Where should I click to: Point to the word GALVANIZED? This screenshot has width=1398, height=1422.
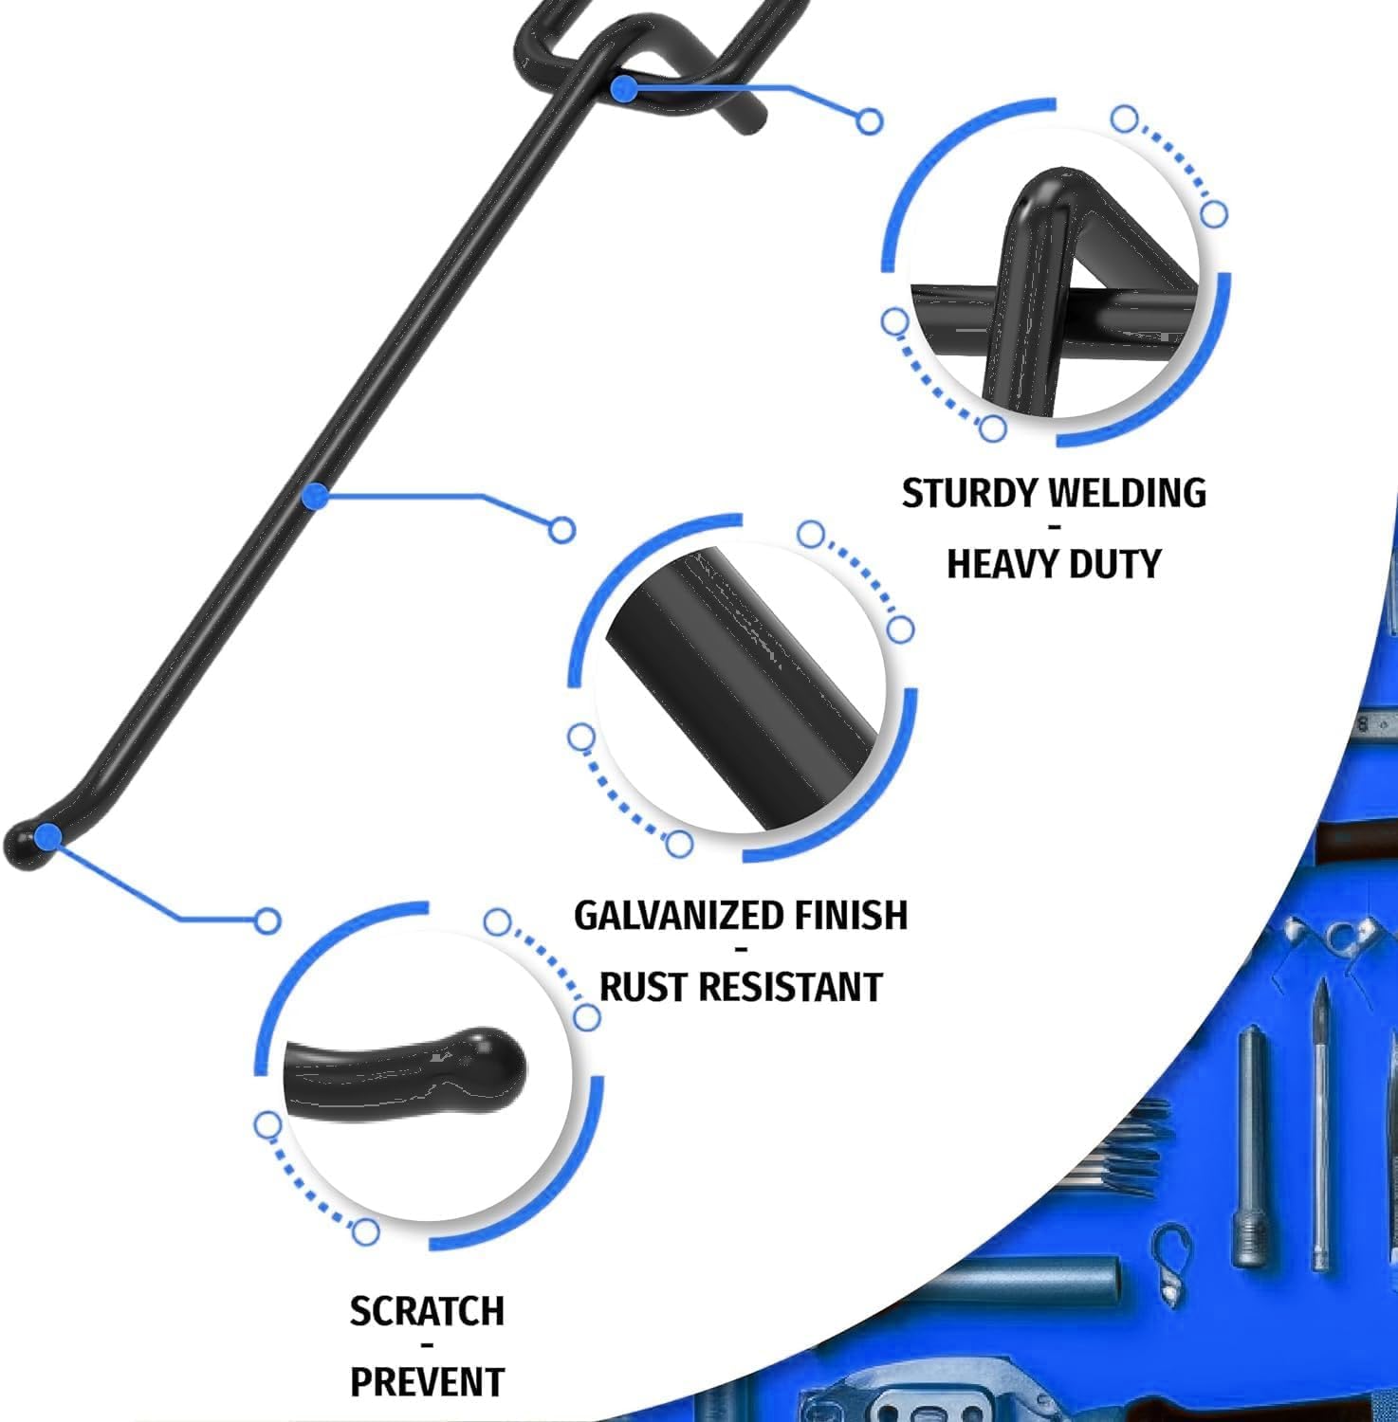[x=678, y=916]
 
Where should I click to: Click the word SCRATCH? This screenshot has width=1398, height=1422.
[x=427, y=1311]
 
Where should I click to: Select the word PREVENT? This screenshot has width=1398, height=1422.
[x=427, y=1382]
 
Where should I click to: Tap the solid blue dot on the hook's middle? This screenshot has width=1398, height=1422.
[x=318, y=495]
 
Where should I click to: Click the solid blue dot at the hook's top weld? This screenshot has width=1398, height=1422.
[x=623, y=89]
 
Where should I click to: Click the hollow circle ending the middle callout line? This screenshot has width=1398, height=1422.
[x=561, y=530]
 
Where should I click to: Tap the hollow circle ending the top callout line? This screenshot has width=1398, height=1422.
[x=870, y=121]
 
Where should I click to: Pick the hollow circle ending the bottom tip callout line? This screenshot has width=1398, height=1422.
[x=267, y=921]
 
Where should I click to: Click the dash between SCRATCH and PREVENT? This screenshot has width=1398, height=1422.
[x=428, y=1346]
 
